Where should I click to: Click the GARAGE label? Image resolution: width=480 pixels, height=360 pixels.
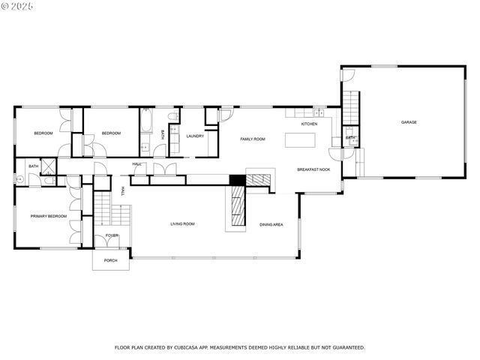point(408,122)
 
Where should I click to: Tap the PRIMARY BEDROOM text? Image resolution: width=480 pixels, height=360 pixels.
point(48,216)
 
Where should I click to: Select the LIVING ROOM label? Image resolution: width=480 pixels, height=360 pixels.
point(182,223)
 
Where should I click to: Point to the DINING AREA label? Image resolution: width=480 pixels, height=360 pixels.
point(271,224)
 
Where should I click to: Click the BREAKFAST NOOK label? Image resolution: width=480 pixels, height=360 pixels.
point(313,170)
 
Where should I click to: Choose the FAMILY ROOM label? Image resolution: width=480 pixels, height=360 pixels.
point(253,139)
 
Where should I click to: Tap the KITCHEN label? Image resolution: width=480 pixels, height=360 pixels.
point(309,123)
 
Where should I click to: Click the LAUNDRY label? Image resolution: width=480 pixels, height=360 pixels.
point(195,136)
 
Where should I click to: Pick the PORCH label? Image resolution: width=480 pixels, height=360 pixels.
point(111,260)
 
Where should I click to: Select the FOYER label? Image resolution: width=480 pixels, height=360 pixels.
point(111,235)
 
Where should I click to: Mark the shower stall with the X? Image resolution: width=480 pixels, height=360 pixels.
point(49,166)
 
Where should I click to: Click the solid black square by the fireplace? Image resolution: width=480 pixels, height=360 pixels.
point(236,180)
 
